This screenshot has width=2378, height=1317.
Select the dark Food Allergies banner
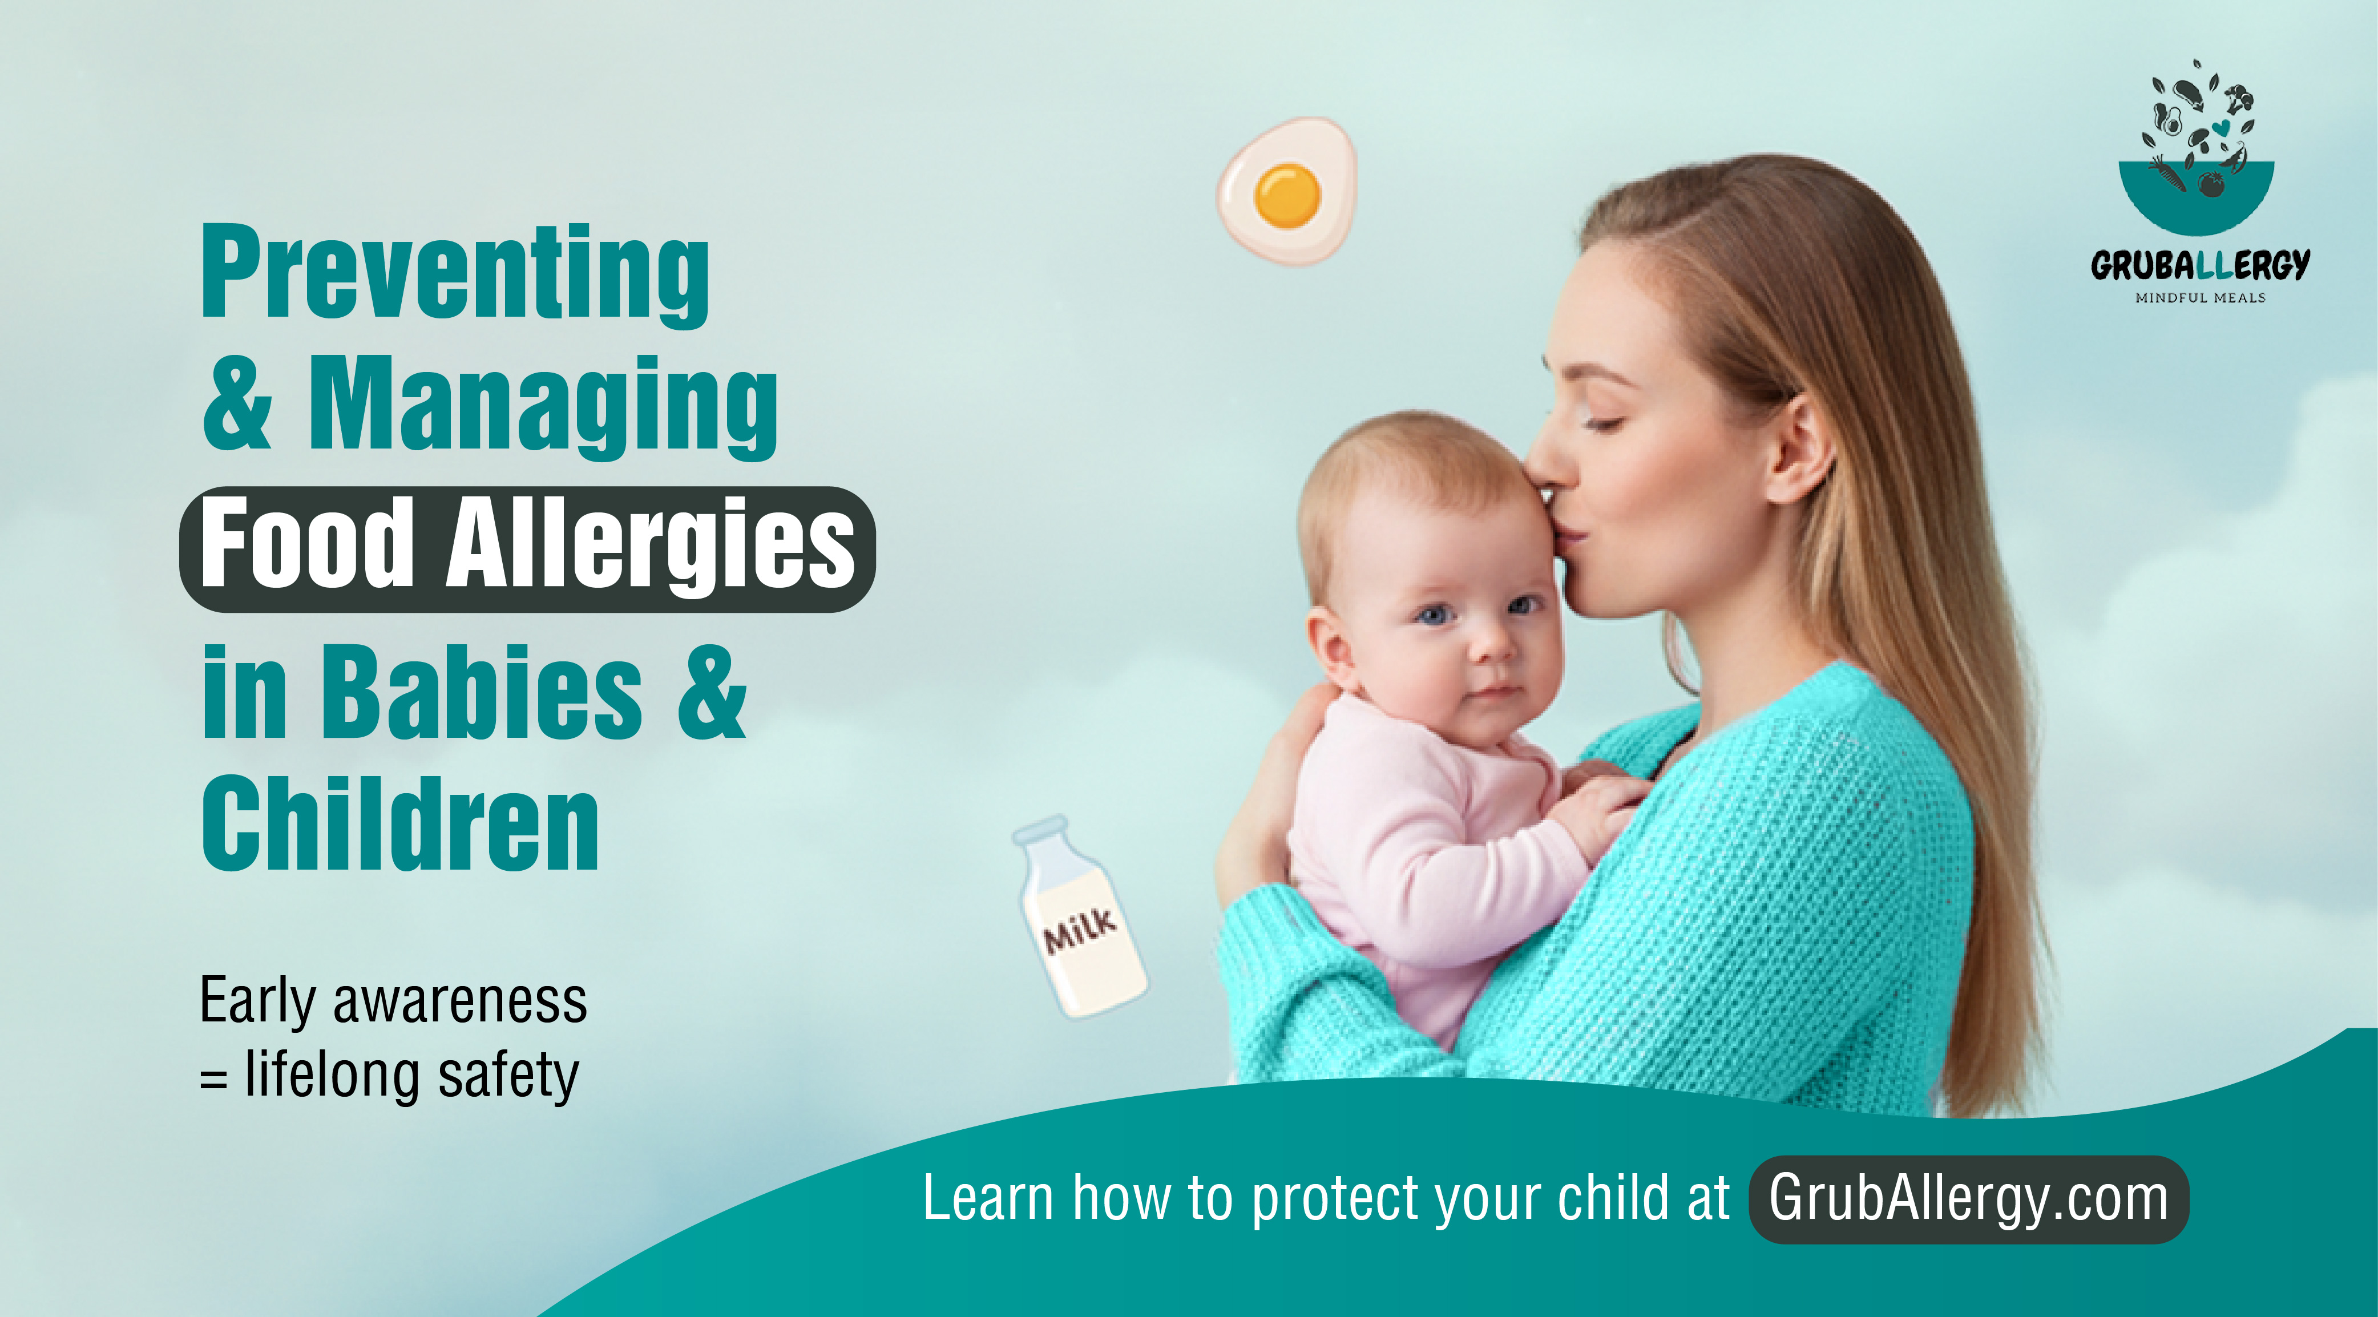pos(527,549)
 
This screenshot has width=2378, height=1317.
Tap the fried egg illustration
pos(1286,191)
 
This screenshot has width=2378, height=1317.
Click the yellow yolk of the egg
pos(1287,195)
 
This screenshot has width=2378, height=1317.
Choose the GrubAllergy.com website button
pos(1968,1199)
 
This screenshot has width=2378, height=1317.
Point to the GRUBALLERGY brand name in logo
pos(2200,266)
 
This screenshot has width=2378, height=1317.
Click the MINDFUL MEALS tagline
pos(2200,298)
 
